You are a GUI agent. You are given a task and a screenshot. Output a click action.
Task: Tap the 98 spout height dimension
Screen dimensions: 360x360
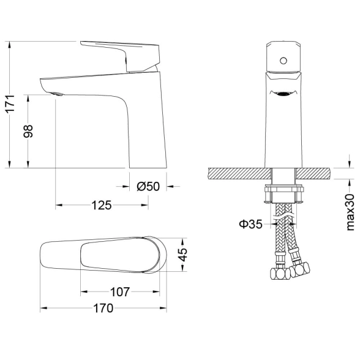click(x=28, y=131)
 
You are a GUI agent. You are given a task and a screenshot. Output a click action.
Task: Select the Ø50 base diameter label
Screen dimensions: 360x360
click(x=148, y=186)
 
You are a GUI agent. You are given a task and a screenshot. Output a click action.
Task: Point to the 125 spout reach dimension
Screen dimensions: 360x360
click(x=102, y=205)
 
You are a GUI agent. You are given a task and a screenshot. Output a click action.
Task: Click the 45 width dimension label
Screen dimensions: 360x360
click(x=183, y=255)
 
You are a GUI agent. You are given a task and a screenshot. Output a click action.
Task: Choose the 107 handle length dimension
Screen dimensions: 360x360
click(x=120, y=292)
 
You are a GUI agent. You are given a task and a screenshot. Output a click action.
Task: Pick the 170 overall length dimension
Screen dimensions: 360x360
click(x=103, y=308)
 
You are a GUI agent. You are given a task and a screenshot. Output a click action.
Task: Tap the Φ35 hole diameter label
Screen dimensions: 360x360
click(x=250, y=224)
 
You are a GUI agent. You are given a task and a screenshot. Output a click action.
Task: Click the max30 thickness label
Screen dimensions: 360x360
click(x=350, y=212)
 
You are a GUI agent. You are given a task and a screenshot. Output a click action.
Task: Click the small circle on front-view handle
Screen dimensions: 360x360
click(x=283, y=61)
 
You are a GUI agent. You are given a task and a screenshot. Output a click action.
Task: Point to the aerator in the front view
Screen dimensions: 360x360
click(x=284, y=94)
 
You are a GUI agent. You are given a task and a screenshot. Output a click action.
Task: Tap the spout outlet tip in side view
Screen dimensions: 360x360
click(x=57, y=94)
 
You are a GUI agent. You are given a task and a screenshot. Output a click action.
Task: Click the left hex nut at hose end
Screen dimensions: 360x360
click(x=280, y=274)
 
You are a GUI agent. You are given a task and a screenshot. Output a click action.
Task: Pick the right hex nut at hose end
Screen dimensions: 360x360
click(x=299, y=270)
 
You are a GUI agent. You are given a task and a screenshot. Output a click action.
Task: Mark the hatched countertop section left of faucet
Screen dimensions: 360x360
click(x=240, y=173)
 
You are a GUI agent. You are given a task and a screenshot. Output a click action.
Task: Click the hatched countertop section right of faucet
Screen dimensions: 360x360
click(x=313, y=173)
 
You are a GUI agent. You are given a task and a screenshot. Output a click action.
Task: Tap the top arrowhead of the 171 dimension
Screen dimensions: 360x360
click(x=9, y=45)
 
